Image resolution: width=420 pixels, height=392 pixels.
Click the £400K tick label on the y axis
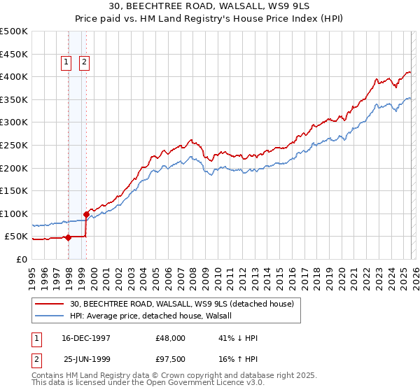(14, 76)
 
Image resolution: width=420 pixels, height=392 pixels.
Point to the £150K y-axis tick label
(14, 190)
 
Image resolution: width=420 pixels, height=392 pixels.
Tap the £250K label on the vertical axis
(14, 145)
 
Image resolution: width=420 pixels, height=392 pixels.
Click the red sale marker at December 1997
(69, 237)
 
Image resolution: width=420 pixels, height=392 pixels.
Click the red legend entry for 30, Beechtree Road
(185, 304)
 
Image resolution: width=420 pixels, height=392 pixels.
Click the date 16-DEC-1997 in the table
(86, 338)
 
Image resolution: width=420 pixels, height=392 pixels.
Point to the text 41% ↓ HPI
(238, 338)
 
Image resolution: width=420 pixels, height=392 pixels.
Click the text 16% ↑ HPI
(238, 358)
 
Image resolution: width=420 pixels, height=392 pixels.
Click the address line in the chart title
(209, 8)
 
